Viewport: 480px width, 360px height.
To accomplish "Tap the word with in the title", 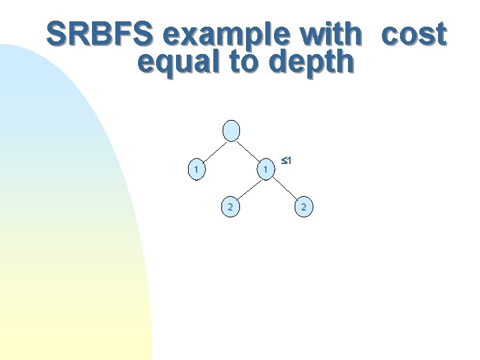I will [x=333, y=35].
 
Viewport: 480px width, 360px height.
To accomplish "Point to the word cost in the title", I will [x=413, y=35].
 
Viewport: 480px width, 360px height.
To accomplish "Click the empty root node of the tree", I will [x=231, y=131].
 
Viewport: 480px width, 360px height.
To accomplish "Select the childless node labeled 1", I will [x=195, y=170].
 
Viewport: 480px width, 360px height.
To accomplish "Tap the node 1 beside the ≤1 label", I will [x=265, y=170].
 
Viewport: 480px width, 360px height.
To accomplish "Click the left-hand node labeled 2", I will [x=230, y=207].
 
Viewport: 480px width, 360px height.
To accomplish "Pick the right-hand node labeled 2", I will [x=303, y=207].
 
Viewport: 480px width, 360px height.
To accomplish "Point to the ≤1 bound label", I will [x=287, y=161].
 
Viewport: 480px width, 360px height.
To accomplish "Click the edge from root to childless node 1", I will [x=213, y=151].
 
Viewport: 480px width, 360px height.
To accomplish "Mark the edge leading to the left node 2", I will [x=247, y=189].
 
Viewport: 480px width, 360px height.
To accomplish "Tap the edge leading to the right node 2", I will [x=284, y=189].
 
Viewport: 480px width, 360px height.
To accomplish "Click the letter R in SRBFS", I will [x=76, y=35].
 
